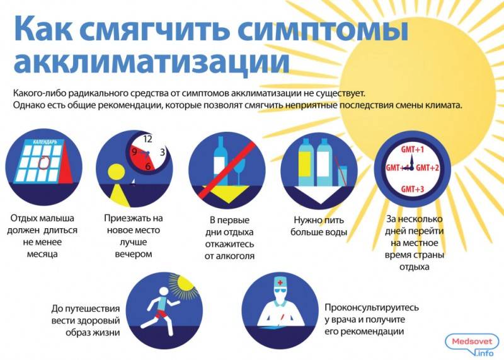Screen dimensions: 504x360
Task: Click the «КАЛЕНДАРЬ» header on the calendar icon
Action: pyautogui.click(x=45, y=142)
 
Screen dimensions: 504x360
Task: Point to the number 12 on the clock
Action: pyautogui.click(x=147, y=139)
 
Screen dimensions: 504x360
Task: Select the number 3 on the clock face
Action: pyautogui.click(x=163, y=152)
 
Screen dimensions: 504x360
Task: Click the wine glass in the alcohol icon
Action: pyautogui.click(x=239, y=171)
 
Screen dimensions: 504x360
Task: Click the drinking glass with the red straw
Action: pyautogui.click(x=343, y=176)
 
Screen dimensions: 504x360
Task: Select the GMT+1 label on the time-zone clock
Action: pyautogui.click(x=413, y=149)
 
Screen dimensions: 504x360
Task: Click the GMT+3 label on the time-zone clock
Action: pyautogui.click(x=413, y=189)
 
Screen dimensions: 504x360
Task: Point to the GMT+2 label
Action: pyautogui.click(x=428, y=168)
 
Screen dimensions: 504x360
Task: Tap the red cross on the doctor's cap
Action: pyautogui.click(x=280, y=283)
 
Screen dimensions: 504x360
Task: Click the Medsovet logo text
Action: pyautogui.click(x=472, y=342)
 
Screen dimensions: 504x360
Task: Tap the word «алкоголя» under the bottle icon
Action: pyautogui.click(x=229, y=257)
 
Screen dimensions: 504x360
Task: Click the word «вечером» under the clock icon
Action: pyautogui.click(x=134, y=254)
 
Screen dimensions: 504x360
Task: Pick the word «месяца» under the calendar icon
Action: pyautogui.click(x=42, y=254)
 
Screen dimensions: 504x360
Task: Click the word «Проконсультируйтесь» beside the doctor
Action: pyautogui.click(x=372, y=308)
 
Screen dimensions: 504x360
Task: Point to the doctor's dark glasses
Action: pyautogui.click(x=280, y=291)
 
